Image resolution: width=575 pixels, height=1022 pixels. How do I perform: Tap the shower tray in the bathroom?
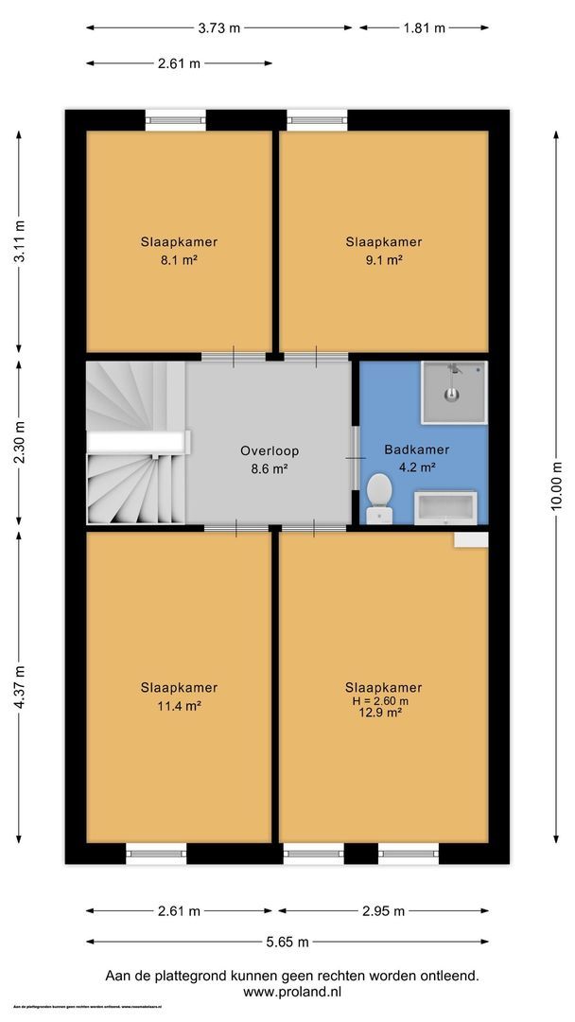tap(453, 390)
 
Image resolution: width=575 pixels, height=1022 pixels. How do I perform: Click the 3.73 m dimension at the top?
tap(219, 27)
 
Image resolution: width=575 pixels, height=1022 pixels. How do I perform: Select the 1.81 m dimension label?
tap(425, 27)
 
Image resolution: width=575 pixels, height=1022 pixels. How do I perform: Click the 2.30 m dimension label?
tap(20, 442)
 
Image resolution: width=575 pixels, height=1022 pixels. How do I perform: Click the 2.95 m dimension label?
tap(384, 911)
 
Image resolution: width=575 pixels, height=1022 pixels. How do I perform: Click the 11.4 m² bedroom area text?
tap(180, 705)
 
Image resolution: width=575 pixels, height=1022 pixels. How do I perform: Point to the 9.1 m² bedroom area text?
tap(383, 259)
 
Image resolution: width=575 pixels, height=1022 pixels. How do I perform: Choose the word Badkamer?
tap(416, 449)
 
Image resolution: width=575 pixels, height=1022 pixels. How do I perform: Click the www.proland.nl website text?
tap(291, 993)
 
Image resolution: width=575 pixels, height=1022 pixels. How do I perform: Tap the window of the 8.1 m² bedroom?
tap(175, 120)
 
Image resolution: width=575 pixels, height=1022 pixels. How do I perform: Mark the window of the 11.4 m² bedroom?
tap(157, 854)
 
